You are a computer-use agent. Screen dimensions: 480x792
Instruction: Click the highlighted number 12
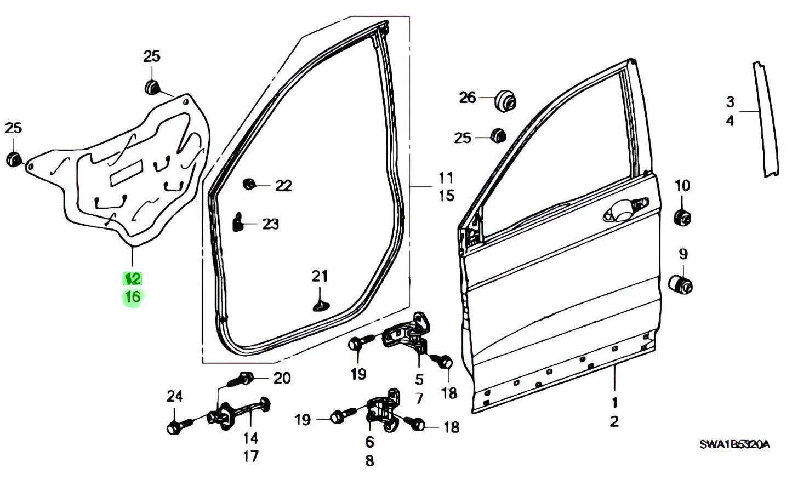[x=132, y=279]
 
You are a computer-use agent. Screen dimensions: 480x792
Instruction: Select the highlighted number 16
[x=132, y=297]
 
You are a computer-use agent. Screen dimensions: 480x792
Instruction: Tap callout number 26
[x=468, y=98]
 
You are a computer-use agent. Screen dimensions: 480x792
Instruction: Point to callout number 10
[x=682, y=186]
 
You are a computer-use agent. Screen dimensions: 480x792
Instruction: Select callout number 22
[x=283, y=186]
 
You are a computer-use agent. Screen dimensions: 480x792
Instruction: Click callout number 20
[x=282, y=378]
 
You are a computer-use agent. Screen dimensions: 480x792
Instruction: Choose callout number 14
[x=250, y=438]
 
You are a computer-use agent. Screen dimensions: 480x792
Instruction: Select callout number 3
[x=730, y=102]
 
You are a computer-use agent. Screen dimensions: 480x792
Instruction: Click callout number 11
[x=446, y=178]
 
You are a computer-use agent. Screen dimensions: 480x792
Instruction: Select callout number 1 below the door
[x=614, y=403]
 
